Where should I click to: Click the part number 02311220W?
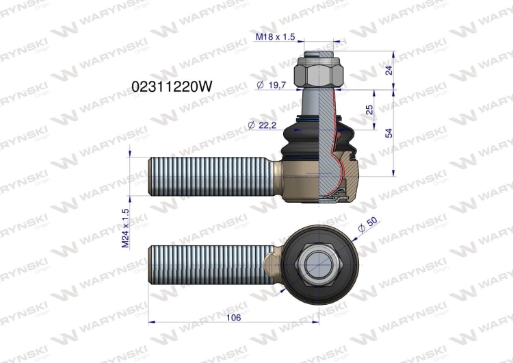pyautogui.click(x=172, y=87)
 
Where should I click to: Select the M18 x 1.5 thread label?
pyautogui.click(x=275, y=37)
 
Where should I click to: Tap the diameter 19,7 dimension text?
pyautogui.click(x=272, y=85)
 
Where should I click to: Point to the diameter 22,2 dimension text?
pyautogui.click(x=262, y=125)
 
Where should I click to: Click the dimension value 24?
pyautogui.click(x=389, y=70)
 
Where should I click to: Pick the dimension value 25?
pyautogui.click(x=369, y=110)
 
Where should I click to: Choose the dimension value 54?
pyautogui.click(x=389, y=133)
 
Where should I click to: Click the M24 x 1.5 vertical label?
pyautogui.click(x=126, y=228)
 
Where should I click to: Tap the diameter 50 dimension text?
pyautogui.click(x=367, y=225)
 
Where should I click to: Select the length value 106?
pyautogui.click(x=234, y=317)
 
